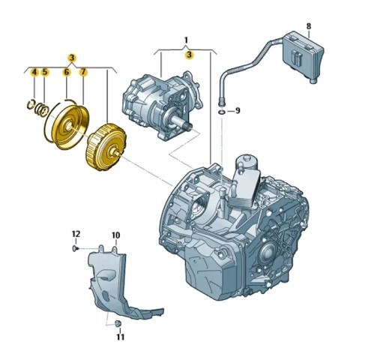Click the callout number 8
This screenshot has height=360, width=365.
(x=309, y=25)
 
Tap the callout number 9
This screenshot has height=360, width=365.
(x=238, y=110)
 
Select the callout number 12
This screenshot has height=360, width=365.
(x=76, y=234)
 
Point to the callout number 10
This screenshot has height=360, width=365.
(x=115, y=235)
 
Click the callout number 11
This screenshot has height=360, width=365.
(x=120, y=337)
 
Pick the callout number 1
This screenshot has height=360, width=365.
(x=186, y=40)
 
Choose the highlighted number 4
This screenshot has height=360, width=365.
(x=34, y=72)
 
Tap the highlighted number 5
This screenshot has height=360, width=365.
(x=44, y=72)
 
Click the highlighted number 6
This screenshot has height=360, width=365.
(x=66, y=72)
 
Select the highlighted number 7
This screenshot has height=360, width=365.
(x=83, y=72)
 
